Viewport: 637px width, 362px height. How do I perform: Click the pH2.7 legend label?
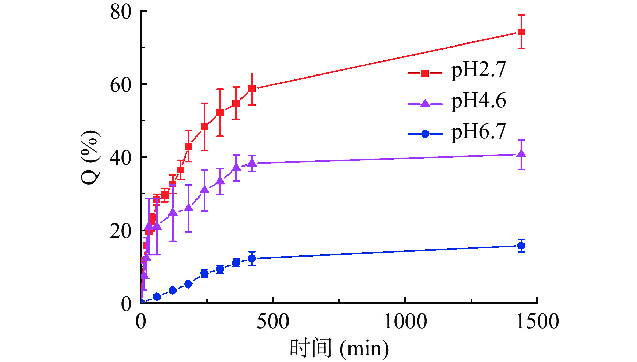478,70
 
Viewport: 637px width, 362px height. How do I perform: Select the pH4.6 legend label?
478,101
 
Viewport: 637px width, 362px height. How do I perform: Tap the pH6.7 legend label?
478,131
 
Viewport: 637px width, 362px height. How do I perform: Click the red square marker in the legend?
425,73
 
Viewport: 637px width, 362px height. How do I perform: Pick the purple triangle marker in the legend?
425,104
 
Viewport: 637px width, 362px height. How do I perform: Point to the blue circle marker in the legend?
425,134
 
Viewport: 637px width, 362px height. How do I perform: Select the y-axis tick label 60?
121,85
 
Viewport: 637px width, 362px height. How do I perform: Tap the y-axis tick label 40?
121,158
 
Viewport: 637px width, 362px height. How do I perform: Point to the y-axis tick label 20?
121,231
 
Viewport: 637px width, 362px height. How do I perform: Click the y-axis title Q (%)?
90,157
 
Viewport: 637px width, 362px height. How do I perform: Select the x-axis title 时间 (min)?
339,348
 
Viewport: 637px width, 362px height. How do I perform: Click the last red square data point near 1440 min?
521,32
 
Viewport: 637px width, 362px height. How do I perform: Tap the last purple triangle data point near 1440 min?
521,154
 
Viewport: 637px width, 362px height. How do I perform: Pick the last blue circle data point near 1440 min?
521,246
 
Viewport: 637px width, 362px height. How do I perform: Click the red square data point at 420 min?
252,89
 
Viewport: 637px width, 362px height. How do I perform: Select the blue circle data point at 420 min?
252,259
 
